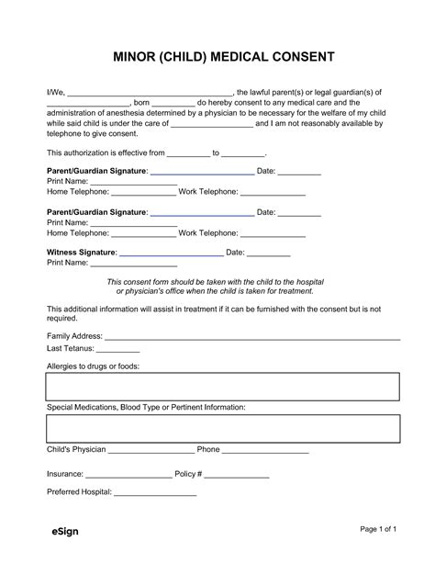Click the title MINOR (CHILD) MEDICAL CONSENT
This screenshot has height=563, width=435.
217,57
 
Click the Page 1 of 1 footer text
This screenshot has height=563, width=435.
377,530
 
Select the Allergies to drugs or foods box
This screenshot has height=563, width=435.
223,387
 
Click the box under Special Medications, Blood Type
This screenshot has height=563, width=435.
223,429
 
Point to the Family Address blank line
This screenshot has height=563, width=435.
252,338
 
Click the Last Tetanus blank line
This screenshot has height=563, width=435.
118,351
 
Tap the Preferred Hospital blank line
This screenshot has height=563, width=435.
155,494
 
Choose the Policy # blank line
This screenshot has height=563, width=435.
237,477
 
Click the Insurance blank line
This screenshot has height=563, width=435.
128,477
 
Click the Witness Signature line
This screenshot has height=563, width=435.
172,253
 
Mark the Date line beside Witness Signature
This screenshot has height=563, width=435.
269,253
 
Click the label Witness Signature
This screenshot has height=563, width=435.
82,252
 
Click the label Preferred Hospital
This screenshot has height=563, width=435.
79,492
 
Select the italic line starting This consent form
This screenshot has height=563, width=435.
216,282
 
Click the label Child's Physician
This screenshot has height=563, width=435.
76,450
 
